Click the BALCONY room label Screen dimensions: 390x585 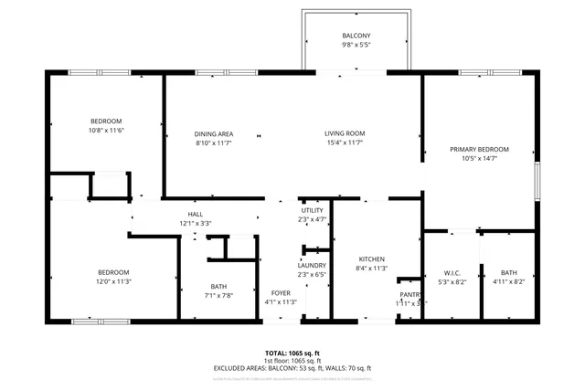356,36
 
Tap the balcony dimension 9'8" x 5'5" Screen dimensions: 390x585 356,45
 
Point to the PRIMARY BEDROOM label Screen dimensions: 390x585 479,149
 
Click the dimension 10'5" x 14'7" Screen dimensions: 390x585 479,158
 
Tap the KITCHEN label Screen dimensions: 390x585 371,259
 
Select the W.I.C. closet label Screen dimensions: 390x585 452,272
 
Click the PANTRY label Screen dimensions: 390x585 410,294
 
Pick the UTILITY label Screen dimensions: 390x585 313,210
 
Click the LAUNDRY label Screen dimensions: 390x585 311,265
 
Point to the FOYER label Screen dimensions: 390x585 281,293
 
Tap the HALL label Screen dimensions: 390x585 195,214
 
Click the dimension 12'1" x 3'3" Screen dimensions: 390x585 195,223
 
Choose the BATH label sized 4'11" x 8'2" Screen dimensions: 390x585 508,272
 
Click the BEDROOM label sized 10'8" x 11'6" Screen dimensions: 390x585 106,121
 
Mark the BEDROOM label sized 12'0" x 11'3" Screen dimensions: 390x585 114,272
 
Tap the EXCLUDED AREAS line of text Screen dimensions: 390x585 292,368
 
